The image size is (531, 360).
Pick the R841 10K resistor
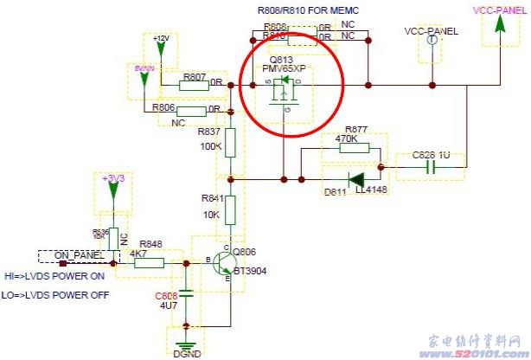231,209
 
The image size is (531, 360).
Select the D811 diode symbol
355,180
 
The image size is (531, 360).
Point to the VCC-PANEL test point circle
430,51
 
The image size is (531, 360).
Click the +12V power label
161,39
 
